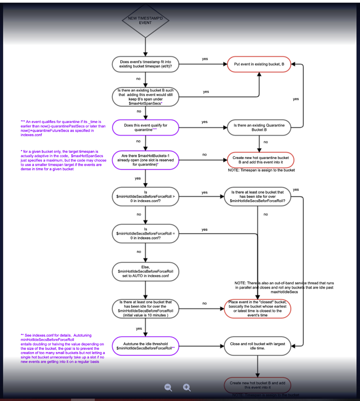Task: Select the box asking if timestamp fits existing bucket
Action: (x=145, y=64)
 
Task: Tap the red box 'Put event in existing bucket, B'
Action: (x=259, y=64)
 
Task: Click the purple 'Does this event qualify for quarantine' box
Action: (x=145, y=127)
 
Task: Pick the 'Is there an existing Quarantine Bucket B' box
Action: (x=259, y=127)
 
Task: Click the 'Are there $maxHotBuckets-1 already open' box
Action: (x=145, y=160)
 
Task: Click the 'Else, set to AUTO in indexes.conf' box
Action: (x=145, y=271)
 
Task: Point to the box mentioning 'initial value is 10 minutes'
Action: (x=145, y=309)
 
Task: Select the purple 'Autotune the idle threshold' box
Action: (x=145, y=346)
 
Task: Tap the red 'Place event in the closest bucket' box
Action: (x=259, y=309)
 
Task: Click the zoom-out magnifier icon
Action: (x=168, y=387)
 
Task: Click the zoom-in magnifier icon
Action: (x=187, y=387)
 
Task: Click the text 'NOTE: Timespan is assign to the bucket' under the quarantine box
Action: (x=261, y=170)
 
